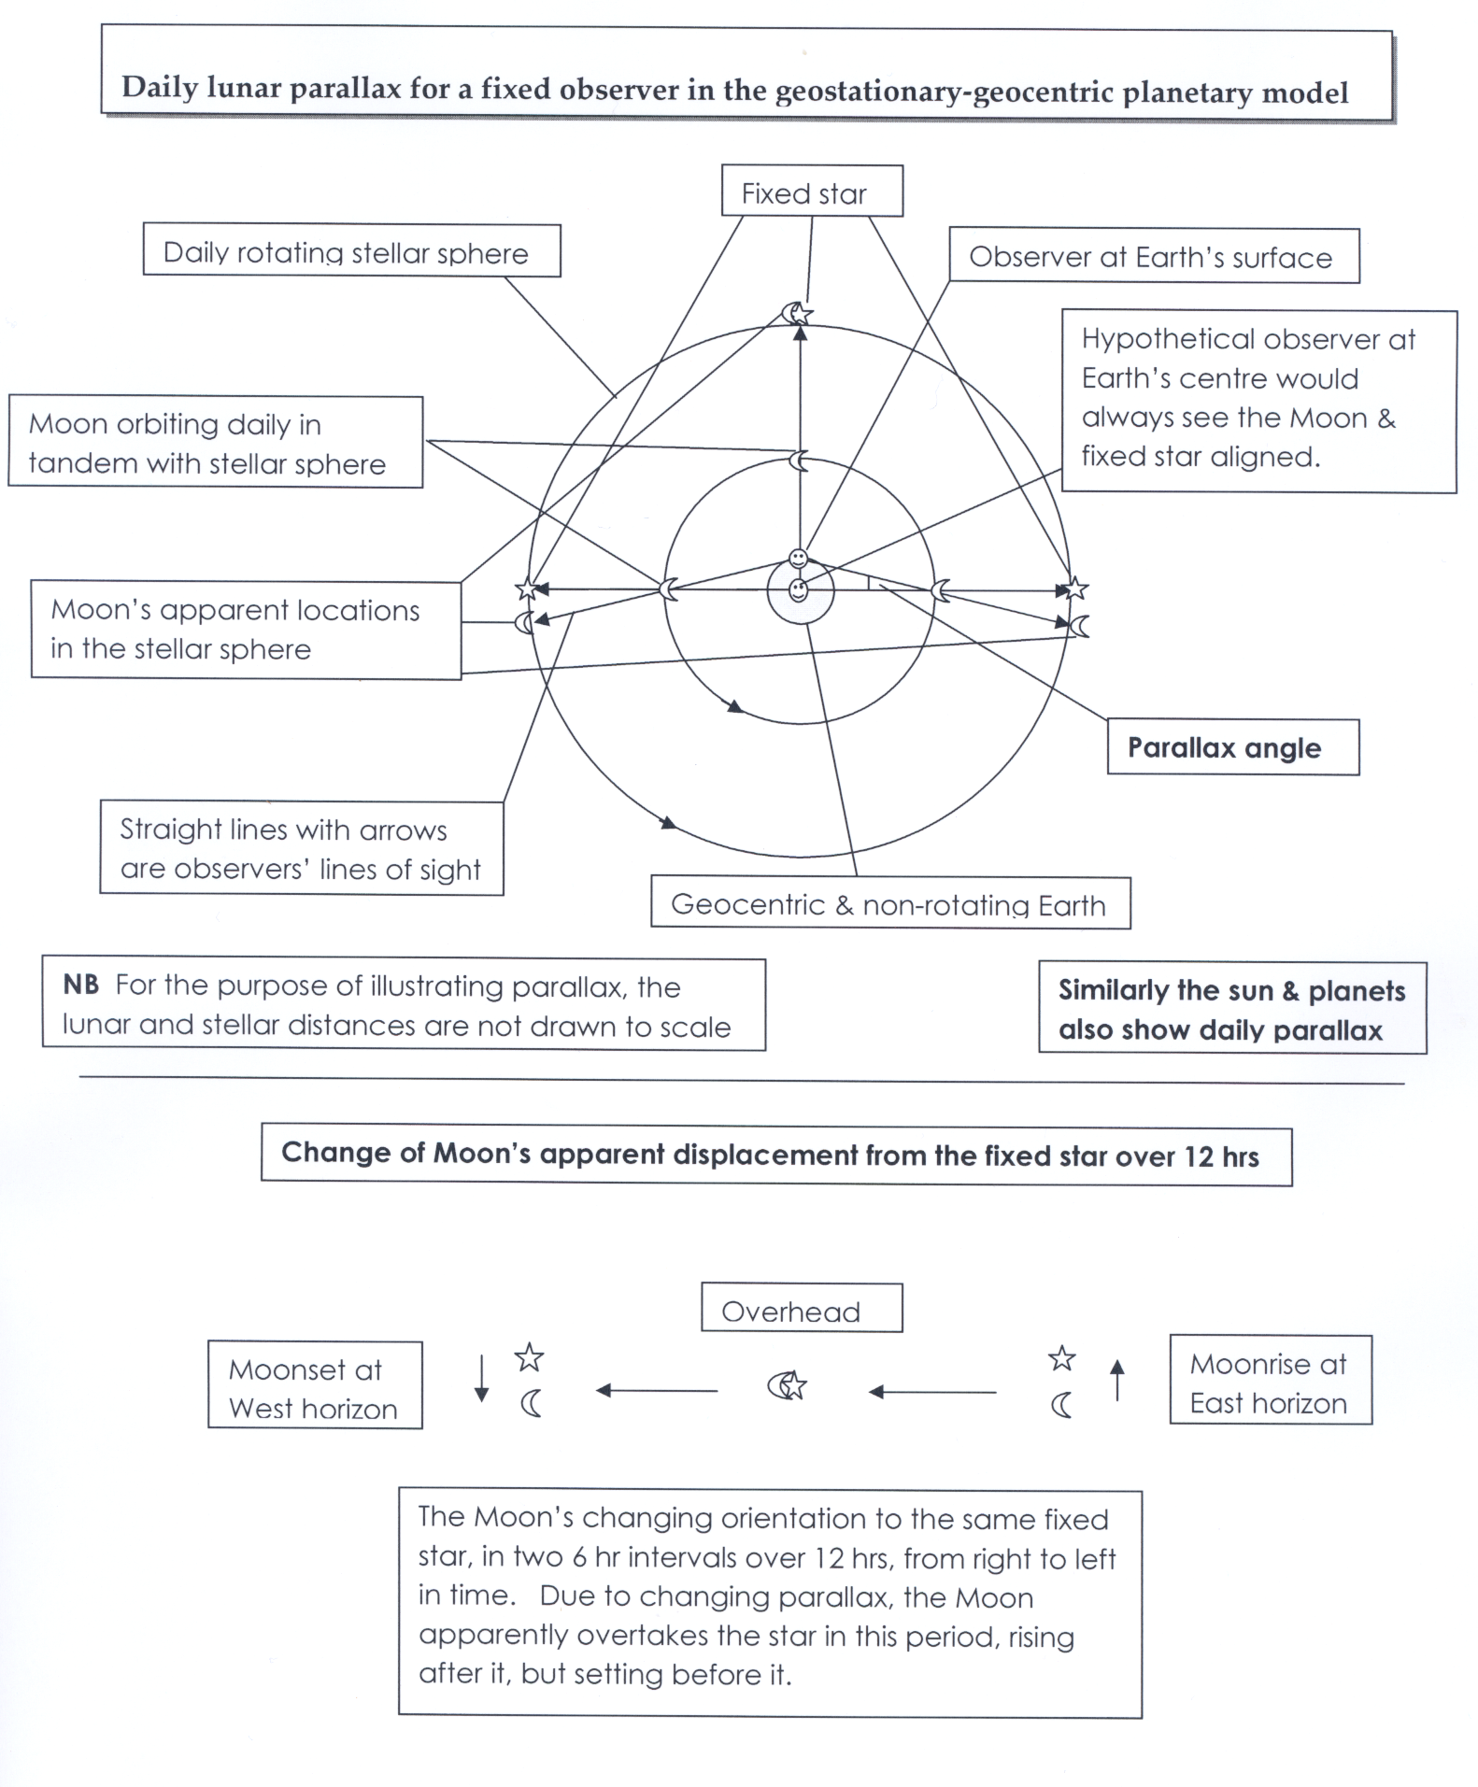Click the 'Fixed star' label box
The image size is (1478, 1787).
click(811, 192)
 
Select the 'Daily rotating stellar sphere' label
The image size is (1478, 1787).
click(350, 251)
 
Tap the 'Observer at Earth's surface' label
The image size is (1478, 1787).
click(1153, 257)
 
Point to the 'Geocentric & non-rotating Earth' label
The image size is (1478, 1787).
click(889, 903)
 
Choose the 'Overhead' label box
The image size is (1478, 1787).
click(801, 1309)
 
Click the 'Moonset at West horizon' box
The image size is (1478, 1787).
click(314, 1386)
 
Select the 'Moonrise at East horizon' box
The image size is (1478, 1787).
click(1270, 1382)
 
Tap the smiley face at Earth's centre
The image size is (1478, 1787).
click(799, 590)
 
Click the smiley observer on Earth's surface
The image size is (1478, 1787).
click(798, 559)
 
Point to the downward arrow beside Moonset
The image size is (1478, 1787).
click(481, 1379)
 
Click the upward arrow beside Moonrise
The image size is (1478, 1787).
click(1116, 1379)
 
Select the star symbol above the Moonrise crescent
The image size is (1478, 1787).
click(1061, 1358)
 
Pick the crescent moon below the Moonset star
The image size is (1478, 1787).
click(531, 1403)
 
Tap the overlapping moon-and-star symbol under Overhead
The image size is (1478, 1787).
click(788, 1385)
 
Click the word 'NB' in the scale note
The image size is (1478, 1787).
click(80, 985)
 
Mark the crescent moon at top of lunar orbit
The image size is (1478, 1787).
click(798, 461)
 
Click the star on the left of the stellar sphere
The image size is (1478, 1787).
click(528, 589)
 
